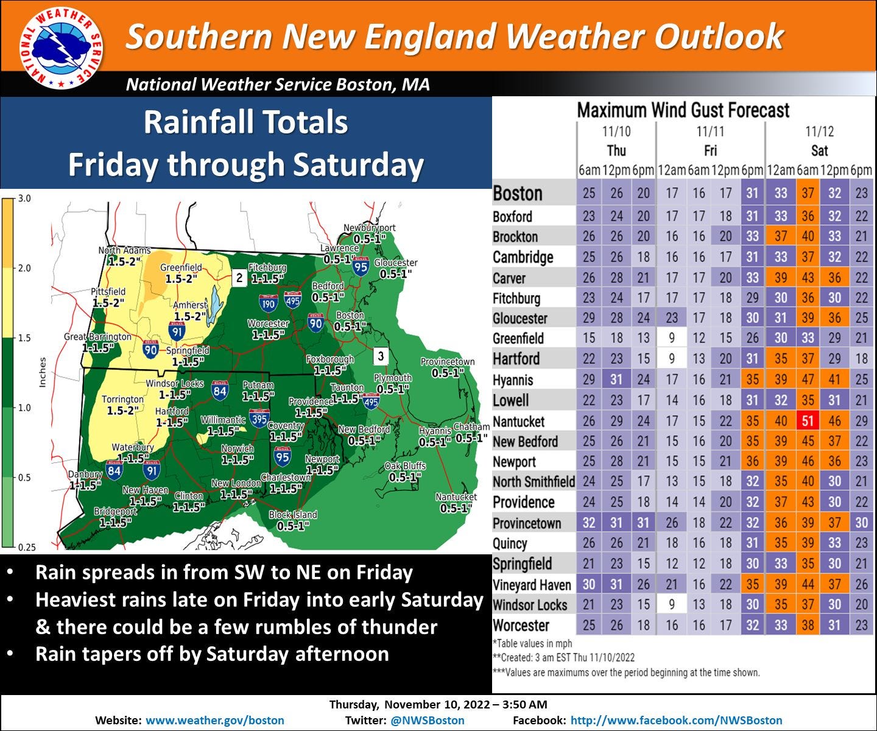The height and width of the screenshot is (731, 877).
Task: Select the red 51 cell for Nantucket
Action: pos(808,421)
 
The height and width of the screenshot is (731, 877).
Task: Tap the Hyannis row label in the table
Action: pos(513,380)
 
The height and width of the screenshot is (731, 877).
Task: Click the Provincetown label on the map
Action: pos(447,362)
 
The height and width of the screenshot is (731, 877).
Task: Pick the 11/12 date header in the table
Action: pos(819,131)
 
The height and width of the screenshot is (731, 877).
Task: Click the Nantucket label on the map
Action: pos(456,497)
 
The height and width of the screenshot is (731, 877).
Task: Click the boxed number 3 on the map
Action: pos(381,356)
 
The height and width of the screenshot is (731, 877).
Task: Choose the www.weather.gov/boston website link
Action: pos(215,721)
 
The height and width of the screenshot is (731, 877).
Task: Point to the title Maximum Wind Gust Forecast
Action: pos(683,110)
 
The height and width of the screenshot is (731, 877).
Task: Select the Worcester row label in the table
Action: pos(521,626)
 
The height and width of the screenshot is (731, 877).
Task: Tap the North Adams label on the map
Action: pos(124,250)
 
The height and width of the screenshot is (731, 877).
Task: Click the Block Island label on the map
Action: pos(293,515)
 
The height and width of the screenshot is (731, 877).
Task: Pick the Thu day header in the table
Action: pos(616,150)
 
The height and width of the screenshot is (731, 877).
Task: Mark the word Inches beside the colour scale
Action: pos(43,372)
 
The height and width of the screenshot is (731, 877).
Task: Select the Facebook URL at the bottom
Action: pos(676,721)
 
